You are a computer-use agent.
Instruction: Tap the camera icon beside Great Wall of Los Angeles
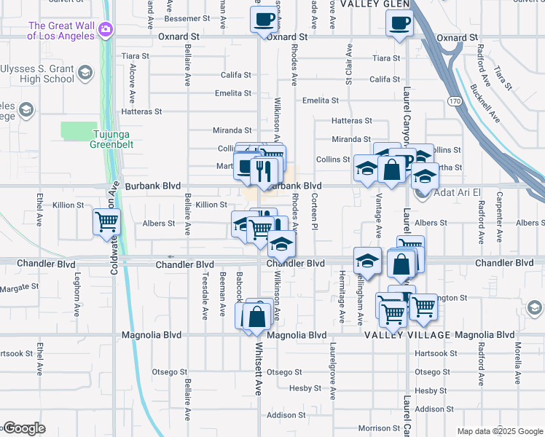click(106, 29)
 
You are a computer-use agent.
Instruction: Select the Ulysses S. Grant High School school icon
click(86, 72)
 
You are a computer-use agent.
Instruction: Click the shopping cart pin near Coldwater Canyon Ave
click(106, 221)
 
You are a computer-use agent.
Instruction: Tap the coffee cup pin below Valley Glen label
click(399, 22)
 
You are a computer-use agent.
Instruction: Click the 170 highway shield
click(455, 101)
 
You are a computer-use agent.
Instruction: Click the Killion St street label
click(211, 205)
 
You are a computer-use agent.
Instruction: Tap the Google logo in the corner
click(23, 428)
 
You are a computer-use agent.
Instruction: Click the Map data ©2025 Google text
click(500, 431)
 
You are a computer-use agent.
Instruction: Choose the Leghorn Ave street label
click(77, 299)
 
